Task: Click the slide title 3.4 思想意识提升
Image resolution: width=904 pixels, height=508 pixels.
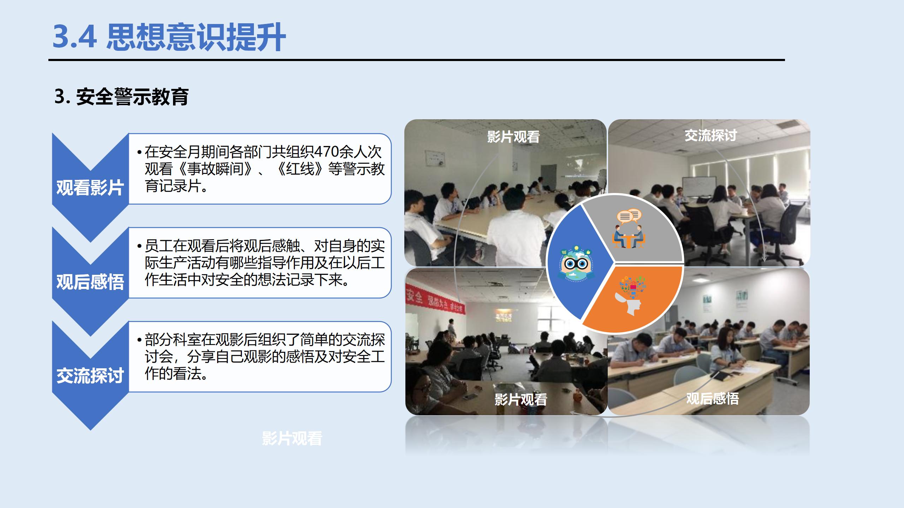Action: [x=169, y=37]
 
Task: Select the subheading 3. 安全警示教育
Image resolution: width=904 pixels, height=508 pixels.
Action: [x=121, y=97]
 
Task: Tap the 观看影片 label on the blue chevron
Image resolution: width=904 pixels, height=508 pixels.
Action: [x=90, y=188]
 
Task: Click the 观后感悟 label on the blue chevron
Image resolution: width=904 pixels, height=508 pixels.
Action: [x=90, y=282]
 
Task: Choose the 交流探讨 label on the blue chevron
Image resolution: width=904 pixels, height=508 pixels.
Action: [x=90, y=376]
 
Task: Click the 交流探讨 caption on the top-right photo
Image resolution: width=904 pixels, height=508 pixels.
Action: [x=710, y=135]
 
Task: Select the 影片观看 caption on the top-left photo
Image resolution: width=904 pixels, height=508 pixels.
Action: [x=513, y=137]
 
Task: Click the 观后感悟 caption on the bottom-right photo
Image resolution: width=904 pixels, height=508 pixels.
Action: [x=712, y=399]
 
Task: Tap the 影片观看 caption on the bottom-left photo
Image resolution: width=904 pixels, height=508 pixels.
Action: [x=521, y=400]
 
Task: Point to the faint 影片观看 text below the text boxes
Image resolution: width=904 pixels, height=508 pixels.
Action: [x=292, y=439]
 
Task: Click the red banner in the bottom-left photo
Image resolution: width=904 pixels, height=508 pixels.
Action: [x=434, y=302]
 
